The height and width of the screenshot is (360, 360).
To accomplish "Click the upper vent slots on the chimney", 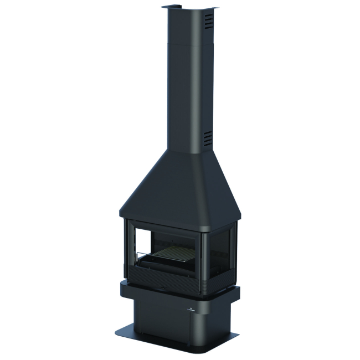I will (207, 22).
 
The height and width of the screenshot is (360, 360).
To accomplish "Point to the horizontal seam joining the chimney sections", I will (188, 43).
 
